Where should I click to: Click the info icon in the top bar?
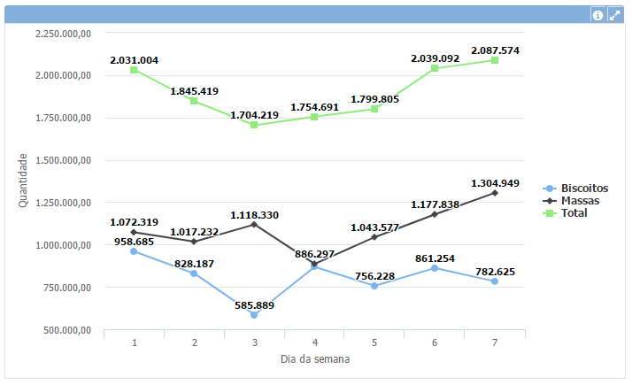598,15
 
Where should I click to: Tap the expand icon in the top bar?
614,15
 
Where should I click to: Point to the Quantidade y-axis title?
24,181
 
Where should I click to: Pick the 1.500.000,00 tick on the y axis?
64,160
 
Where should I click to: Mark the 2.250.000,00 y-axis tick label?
64,33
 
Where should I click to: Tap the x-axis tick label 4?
314,342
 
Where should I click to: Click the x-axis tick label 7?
495,342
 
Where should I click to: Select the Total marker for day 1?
134,70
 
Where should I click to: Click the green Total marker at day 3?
254,125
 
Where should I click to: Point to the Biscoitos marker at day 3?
254,315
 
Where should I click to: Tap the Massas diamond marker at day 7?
495,193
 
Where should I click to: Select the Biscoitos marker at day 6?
435,268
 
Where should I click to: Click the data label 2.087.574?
495,50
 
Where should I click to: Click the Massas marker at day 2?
194,242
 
